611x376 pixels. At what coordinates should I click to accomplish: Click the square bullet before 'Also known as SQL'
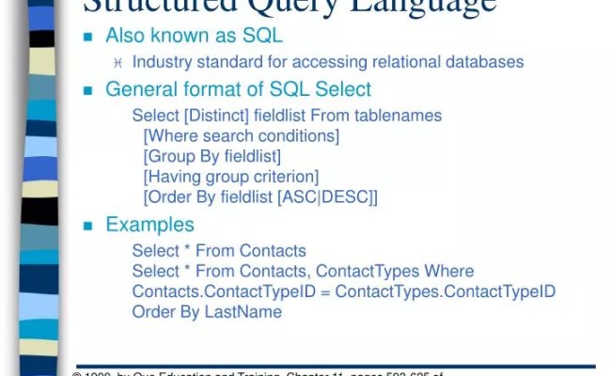pos(89,37)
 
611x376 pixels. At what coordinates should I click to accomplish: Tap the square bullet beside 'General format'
pos(89,91)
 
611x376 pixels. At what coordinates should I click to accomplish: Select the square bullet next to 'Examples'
pos(89,227)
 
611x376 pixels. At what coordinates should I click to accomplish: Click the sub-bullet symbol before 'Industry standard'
pos(118,63)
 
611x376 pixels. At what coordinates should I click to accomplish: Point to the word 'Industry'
pos(164,63)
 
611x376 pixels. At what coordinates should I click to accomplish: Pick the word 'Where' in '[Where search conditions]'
pos(172,136)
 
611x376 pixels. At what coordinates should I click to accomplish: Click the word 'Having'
pos(176,177)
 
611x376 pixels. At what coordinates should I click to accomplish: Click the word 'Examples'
pos(149,226)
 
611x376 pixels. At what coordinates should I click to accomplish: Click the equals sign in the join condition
pos(325,291)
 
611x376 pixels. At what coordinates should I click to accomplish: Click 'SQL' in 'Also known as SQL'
pos(262,36)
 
